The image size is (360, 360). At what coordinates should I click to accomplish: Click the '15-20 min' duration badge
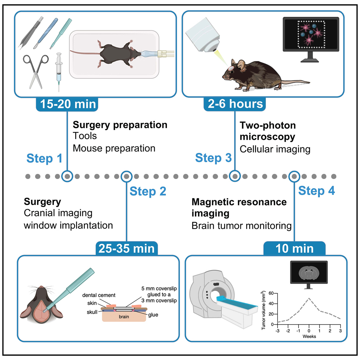[67, 104]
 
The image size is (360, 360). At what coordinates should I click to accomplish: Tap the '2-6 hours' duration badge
[235, 104]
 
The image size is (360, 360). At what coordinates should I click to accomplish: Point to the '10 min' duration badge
[294, 249]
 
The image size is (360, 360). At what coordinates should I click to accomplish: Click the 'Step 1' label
[44, 158]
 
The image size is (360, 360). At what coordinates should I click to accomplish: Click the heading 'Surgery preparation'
[120, 125]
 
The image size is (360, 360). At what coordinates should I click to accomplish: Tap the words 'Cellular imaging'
[275, 149]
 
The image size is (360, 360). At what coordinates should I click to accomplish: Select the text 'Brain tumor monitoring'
[241, 226]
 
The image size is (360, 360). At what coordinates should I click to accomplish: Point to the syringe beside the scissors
[58, 72]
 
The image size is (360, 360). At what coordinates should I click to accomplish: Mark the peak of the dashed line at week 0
[309, 299]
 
